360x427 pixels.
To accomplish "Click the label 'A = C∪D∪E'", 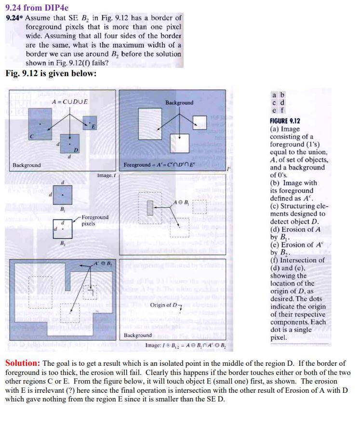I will pos(70,102).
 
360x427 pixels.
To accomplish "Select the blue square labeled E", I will pos(90,123).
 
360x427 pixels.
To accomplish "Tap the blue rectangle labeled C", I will pos(40,124).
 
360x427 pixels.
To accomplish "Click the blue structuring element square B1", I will pos(63,195).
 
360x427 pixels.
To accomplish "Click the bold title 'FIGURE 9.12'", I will pos(285,121).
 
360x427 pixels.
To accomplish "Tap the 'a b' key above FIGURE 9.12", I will pos(279,94).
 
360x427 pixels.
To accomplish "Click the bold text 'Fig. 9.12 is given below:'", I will pos(51,73).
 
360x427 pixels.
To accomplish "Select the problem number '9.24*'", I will pos(14,18).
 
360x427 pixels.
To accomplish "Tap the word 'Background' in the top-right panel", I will pos(179,103).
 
